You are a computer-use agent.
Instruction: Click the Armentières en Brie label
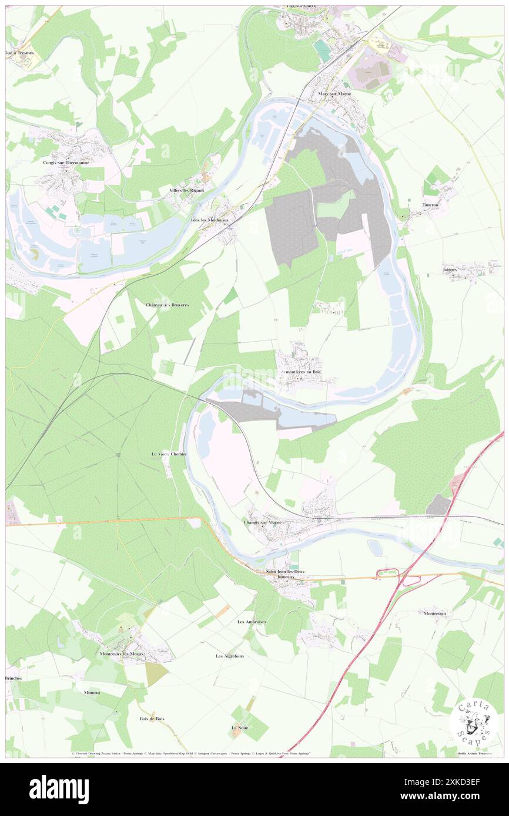click(300, 372)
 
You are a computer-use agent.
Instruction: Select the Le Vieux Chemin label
click(169, 454)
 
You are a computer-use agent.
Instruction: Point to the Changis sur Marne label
click(262, 522)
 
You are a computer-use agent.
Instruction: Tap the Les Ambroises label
click(252, 621)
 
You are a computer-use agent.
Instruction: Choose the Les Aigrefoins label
click(230, 656)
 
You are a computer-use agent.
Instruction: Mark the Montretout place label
click(435, 613)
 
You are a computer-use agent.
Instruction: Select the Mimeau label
click(92, 693)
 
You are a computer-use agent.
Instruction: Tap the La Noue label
click(239, 728)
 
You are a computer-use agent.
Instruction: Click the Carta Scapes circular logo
click(474, 723)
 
